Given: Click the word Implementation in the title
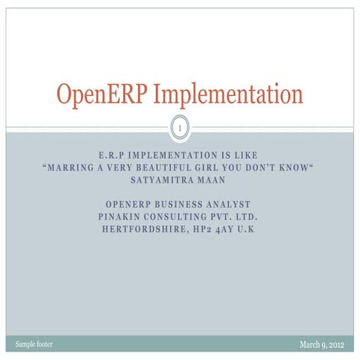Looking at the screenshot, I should pyautogui.click(x=224, y=96).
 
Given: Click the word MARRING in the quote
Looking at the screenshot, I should pyautogui.click(x=71, y=168).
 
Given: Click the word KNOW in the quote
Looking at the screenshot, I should pyautogui.click(x=292, y=168).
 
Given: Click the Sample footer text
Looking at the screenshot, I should pyautogui.click(x=34, y=344).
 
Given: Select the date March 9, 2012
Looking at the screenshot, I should pyautogui.click(x=323, y=344).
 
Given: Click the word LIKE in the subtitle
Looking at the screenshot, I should pyautogui.click(x=244, y=156).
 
